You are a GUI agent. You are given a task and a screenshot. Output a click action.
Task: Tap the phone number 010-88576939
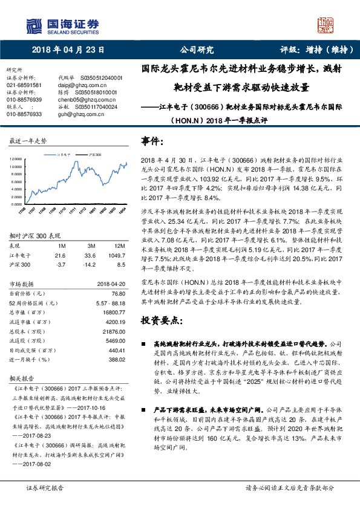coord(24,99)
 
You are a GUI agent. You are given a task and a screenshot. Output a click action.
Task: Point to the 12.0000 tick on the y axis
coord(15,159)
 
